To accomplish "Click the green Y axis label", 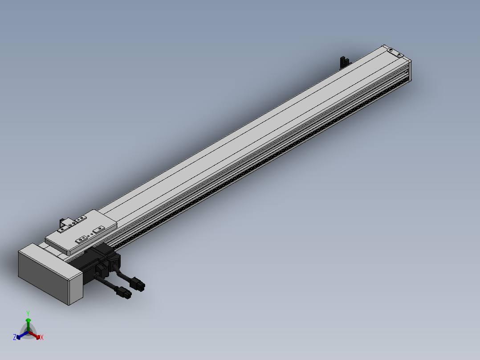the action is tap(28, 313).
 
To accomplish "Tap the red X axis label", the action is tap(42, 337).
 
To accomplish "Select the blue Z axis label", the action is tap(15, 337).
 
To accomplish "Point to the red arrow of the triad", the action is tap(35, 335).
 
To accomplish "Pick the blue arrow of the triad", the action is tap(22, 335).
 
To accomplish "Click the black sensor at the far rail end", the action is tap(345, 61).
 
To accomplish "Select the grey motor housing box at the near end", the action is tap(50, 274).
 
